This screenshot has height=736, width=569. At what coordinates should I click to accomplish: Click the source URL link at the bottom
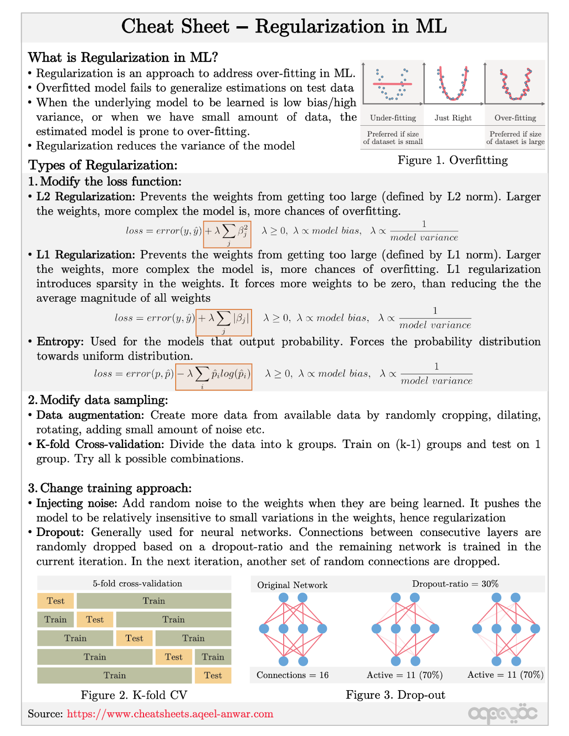click(170, 714)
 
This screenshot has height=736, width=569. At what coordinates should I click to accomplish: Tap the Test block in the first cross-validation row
click(56, 601)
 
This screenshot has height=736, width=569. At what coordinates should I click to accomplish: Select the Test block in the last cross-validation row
click(213, 676)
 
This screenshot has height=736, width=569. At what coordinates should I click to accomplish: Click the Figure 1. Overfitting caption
click(453, 160)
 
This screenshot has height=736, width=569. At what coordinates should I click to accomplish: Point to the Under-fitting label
click(393, 118)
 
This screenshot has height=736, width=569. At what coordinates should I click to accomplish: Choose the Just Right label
click(453, 118)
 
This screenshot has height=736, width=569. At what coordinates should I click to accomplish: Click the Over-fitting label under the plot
click(515, 118)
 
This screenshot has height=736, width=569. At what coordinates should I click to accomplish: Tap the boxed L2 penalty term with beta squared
click(227, 234)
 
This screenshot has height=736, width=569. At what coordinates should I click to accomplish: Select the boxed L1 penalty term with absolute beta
click(224, 322)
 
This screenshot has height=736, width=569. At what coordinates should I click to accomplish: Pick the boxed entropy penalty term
click(214, 377)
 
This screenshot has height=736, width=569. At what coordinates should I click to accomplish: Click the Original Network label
click(293, 585)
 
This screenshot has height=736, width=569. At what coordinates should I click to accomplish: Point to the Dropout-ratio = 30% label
click(455, 584)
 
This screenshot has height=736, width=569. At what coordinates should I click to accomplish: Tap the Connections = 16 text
click(293, 675)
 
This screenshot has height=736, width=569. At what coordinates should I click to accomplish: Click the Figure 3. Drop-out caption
click(395, 695)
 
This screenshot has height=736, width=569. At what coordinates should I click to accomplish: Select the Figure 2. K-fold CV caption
click(134, 695)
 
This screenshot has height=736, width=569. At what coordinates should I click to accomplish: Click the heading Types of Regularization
click(103, 165)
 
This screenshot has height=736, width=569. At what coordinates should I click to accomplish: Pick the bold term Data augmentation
click(90, 415)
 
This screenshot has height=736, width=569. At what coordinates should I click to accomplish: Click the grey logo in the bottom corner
click(503, 713)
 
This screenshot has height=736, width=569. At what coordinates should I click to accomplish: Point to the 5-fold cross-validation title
click(137, 584)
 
